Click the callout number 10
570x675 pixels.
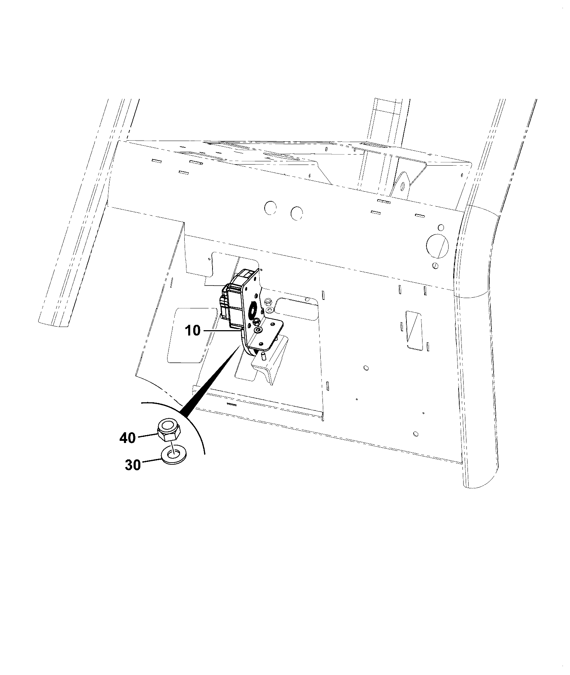(193, 331)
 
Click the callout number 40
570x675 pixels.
(127, 438)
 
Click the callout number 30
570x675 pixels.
(133, 465)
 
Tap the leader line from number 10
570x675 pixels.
(221, 331)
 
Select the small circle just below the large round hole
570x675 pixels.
(435, 265)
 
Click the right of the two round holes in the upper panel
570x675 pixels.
(297, 213)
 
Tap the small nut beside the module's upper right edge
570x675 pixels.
(268, 302)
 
